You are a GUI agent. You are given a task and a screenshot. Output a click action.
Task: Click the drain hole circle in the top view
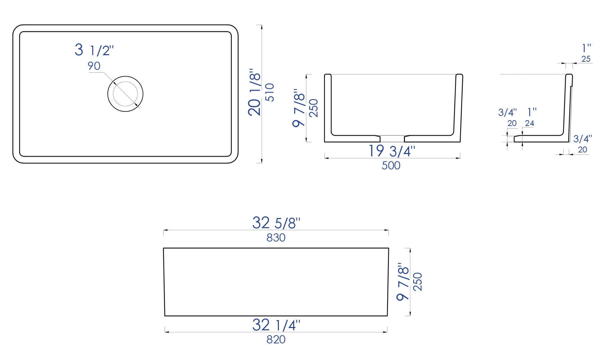[x=125, y=94]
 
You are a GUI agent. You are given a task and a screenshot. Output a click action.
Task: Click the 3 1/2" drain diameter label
[x=94, y=51]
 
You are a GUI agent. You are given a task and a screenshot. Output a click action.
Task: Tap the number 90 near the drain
[x=94, y=66]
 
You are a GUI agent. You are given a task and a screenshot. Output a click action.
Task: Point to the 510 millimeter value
[x=270, y=93]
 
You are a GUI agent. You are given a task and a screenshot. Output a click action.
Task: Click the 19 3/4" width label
[x=392, y=151]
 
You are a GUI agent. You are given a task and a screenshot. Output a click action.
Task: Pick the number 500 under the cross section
[x=391, y=166]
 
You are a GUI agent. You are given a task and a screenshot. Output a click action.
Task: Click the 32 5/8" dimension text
[x=276, y=223]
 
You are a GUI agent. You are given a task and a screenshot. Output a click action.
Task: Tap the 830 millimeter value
[x=276, y=238]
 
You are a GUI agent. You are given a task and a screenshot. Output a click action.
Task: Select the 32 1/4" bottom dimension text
[x=276, y=325]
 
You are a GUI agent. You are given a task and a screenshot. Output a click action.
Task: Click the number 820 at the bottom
[x=276, y=340]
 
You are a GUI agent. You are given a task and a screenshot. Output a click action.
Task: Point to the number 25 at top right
[x=586, y=59]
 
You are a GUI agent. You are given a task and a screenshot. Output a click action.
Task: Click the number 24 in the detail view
[x=529, y=123]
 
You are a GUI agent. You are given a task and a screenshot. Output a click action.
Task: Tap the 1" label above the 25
[x=586, y=48]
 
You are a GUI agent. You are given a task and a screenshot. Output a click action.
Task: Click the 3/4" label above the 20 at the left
[x=507, y=113]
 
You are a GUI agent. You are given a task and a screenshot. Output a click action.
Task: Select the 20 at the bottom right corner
[x=583, y=149]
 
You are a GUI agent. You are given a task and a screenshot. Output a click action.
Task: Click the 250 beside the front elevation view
[x=418, y=282]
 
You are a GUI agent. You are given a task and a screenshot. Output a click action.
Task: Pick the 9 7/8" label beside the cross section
[x=299, y=108]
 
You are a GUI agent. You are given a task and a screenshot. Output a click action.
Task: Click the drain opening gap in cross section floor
[x=392, y=138]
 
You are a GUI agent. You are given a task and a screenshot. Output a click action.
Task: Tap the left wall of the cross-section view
[x=328, y=108]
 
